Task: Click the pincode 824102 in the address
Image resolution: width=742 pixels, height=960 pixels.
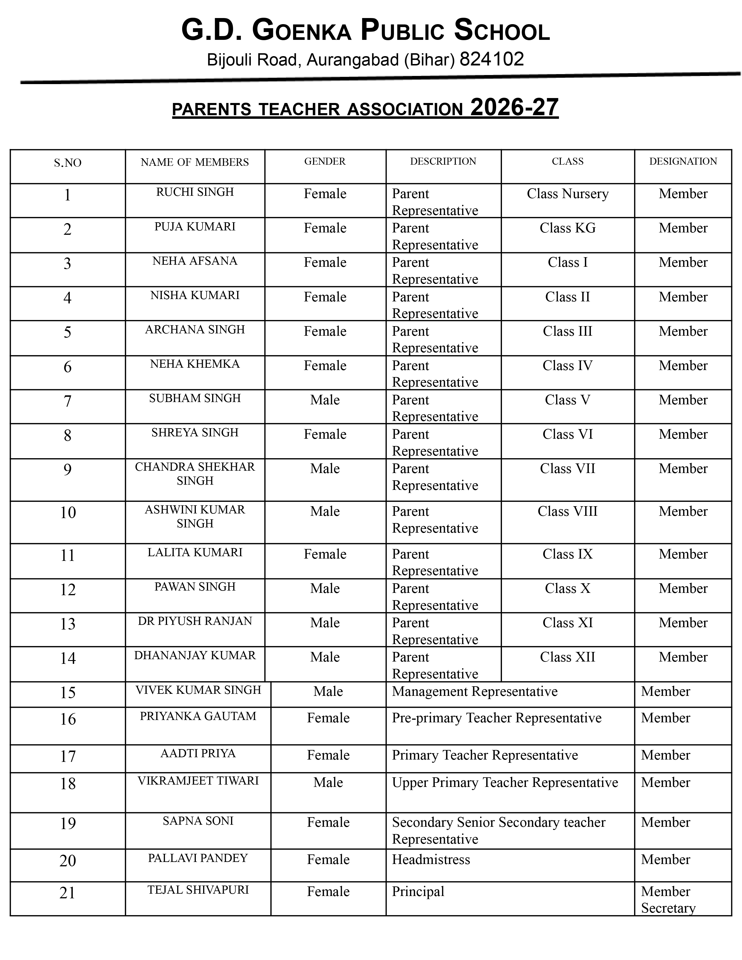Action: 491,59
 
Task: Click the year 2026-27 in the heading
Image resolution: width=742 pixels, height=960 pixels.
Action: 514,107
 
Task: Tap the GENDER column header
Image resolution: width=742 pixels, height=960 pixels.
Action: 325,161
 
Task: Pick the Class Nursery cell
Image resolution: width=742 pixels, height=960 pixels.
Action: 567,193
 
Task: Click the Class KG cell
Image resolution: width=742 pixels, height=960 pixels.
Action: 567,228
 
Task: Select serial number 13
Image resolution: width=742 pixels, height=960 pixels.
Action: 68,624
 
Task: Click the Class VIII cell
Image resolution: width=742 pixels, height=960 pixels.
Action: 567,511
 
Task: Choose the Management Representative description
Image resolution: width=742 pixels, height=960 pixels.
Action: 475,691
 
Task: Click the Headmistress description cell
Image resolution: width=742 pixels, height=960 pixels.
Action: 431,859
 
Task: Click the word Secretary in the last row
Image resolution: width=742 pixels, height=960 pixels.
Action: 668,908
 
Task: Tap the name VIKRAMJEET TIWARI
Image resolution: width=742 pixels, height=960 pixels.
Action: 198,781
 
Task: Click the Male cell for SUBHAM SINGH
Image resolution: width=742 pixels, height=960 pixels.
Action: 325,400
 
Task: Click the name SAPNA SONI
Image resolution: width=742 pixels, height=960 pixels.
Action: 198,821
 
